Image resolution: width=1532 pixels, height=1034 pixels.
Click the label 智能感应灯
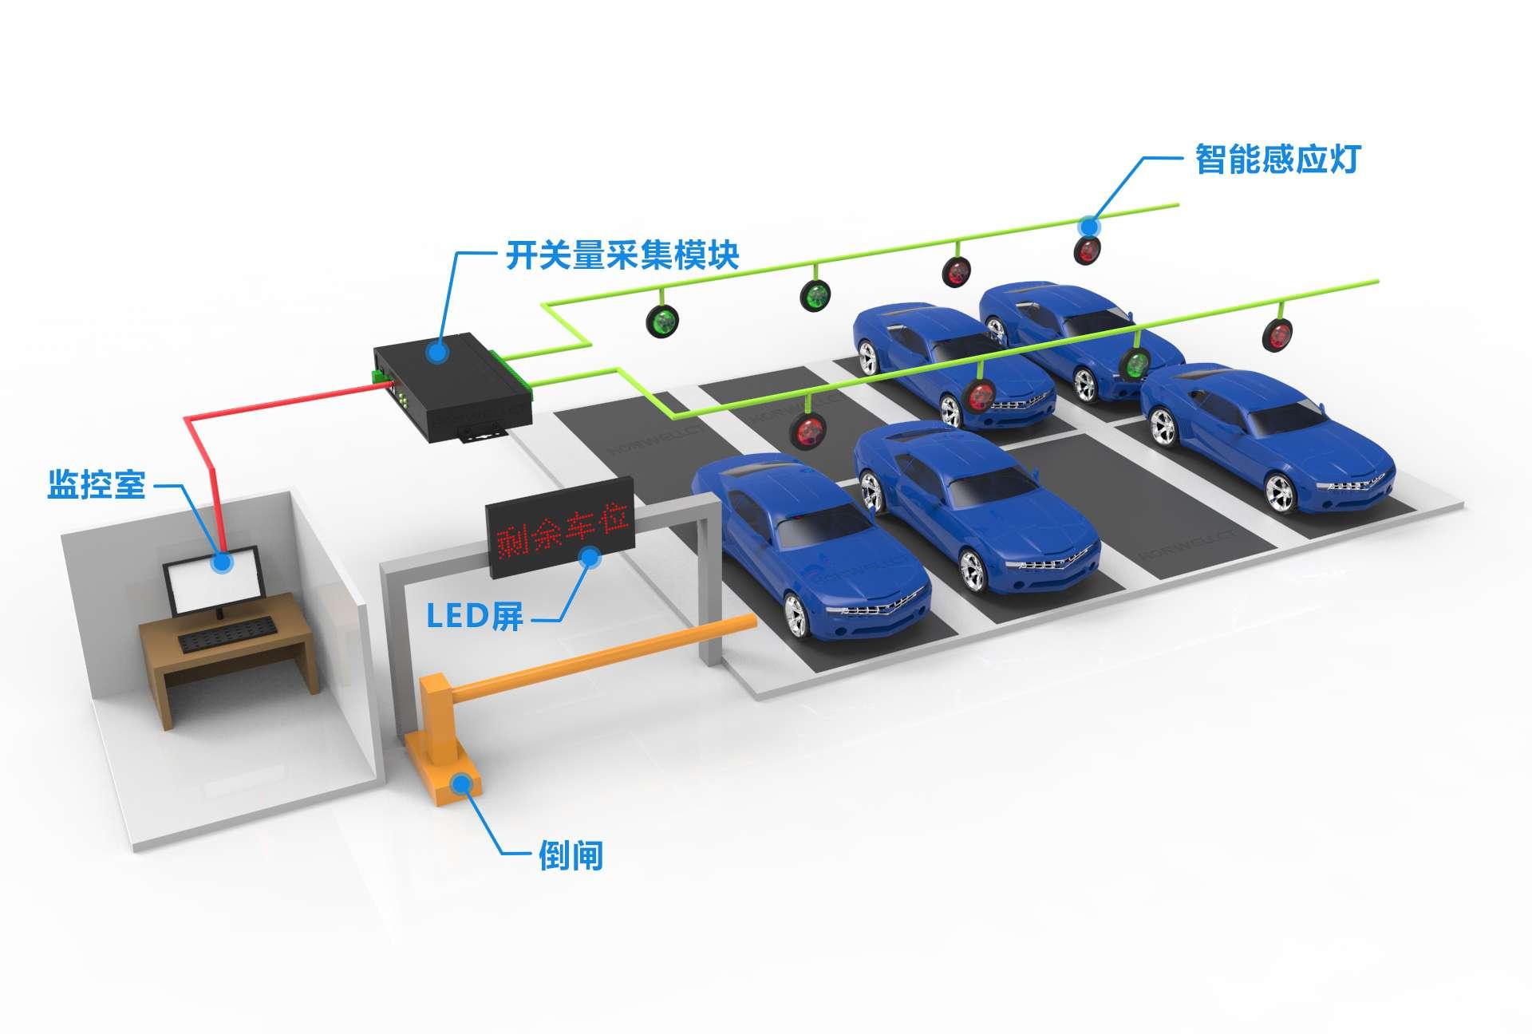1275,160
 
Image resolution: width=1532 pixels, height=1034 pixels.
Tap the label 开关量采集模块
622,255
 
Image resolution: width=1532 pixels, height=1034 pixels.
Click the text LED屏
475,615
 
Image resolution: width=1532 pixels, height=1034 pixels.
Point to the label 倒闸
571,856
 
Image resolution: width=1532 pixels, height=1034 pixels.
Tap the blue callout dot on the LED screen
591,556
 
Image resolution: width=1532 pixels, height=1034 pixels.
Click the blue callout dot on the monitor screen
223,562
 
